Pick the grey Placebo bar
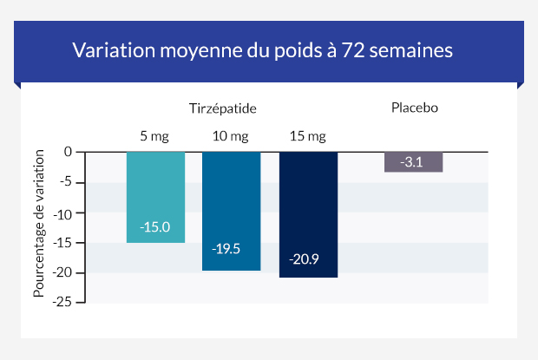click(413, 162)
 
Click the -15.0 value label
click(155, 227)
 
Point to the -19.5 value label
click(226, 249)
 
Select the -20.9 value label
click(304, 259)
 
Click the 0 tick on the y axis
click(67, 152)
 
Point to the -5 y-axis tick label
click(64, 182)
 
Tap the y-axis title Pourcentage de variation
click(39, 227)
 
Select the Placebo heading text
click(414, 108)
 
